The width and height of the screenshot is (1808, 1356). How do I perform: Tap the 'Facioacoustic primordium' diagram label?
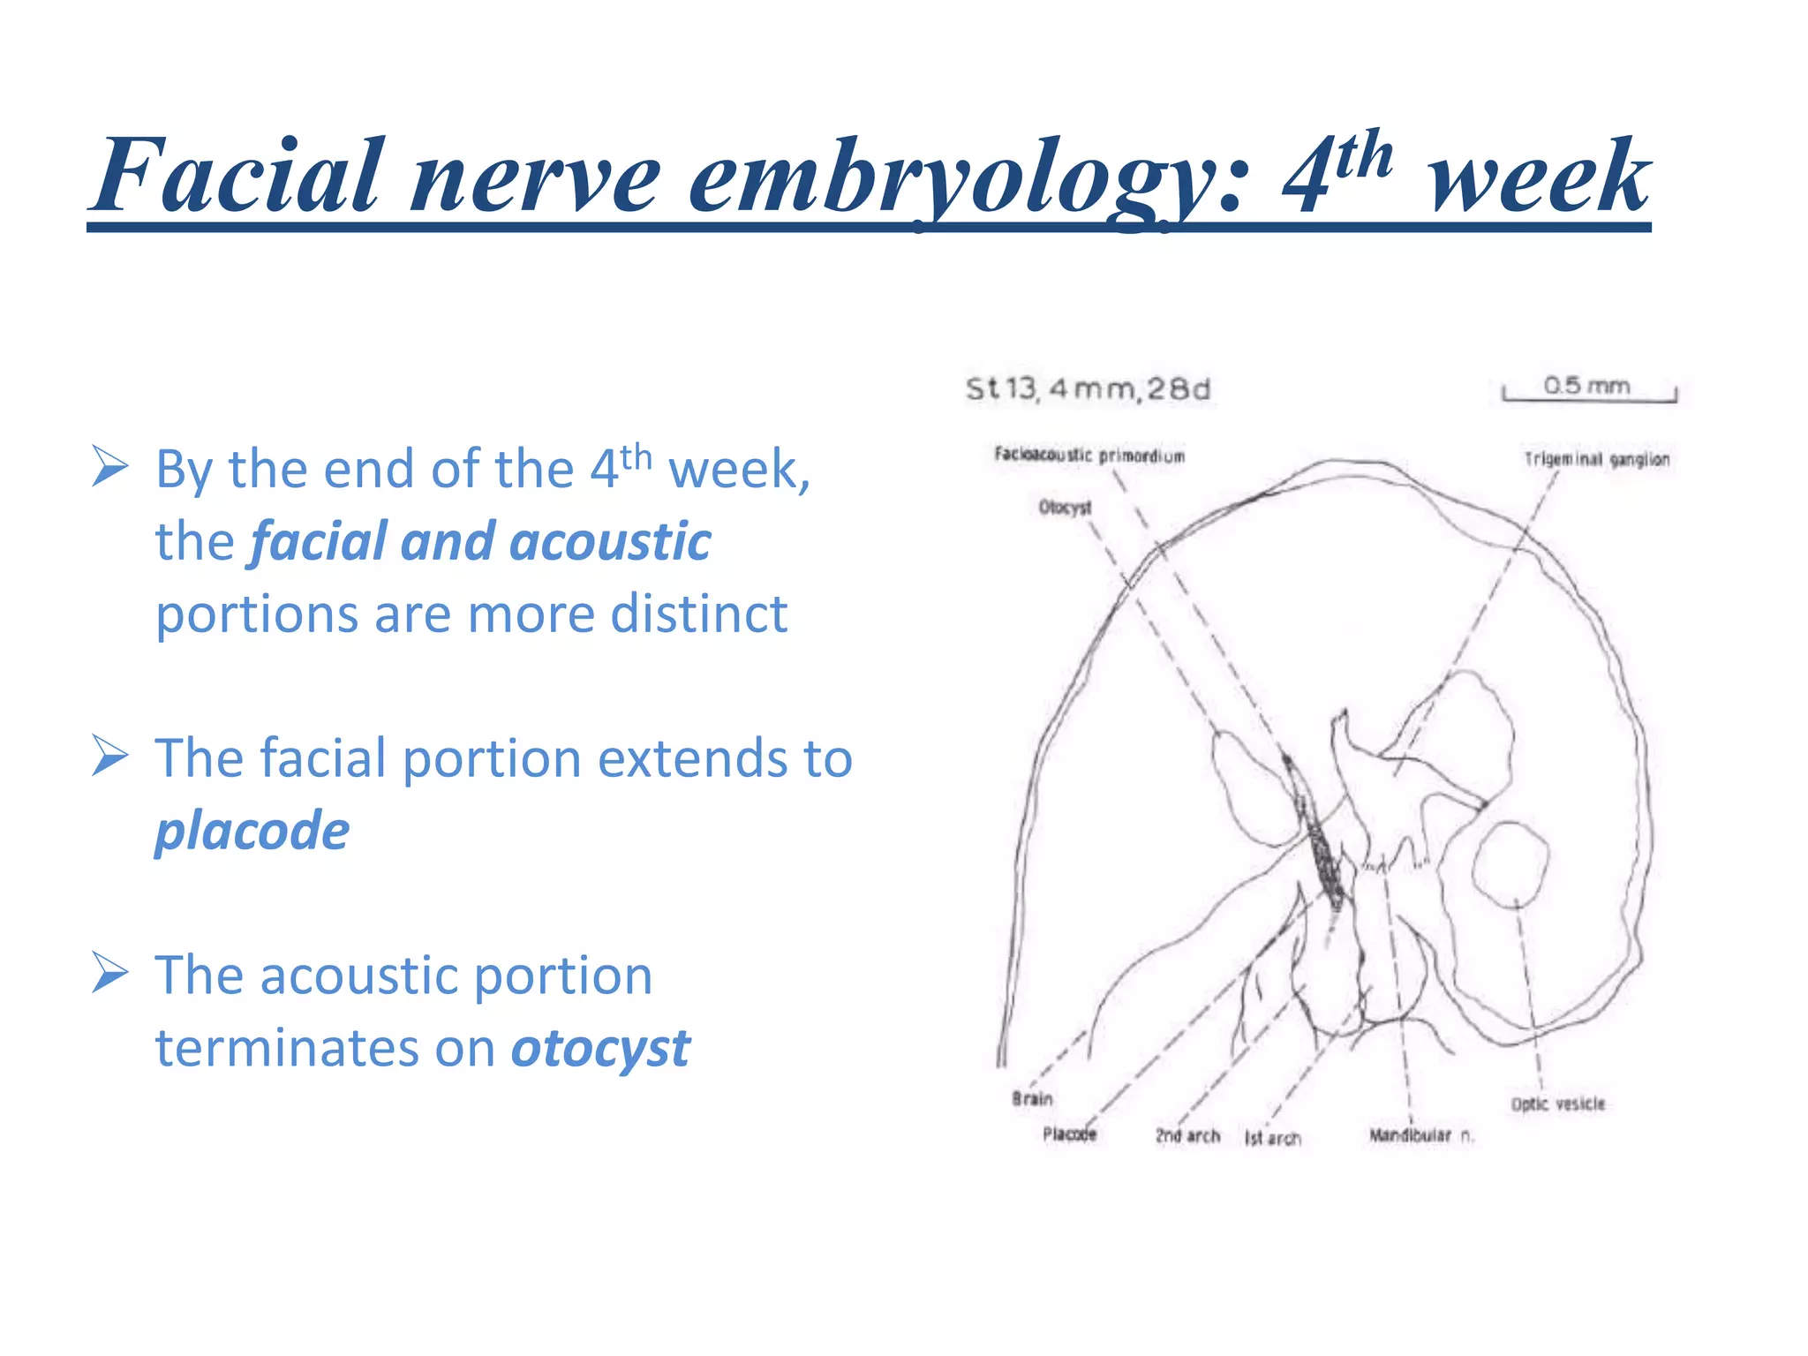coord(1089,456)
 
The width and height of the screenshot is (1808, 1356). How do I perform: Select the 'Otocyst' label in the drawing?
coord(1065,508)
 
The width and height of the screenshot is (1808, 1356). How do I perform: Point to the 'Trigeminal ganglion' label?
coord(1596,459)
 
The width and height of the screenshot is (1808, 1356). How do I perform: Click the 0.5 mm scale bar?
coord(1588,394)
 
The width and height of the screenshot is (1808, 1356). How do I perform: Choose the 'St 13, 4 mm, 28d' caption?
coord(1088,389)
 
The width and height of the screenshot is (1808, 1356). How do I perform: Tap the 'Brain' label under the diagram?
coord(1032,1099)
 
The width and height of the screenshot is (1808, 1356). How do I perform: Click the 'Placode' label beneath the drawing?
coord(1069,1134)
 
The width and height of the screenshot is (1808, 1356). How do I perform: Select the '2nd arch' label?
coord(1187,1136)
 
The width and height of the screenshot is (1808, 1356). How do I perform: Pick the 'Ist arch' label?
coord(1272,1139)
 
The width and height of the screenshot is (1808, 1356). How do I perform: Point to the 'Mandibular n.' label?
coord(1420,1136)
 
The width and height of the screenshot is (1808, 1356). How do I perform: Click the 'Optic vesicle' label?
coord(1557,1104)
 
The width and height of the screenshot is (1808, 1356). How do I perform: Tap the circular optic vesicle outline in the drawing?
coord(1510,864)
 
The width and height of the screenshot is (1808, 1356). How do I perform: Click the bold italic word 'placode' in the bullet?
coord(252,832)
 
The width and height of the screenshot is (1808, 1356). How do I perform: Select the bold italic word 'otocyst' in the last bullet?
coord(600,1049)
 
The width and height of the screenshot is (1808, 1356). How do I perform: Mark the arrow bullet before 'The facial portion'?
coord(110,757)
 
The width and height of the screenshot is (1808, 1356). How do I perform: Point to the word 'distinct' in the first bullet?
coord(698,614)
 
